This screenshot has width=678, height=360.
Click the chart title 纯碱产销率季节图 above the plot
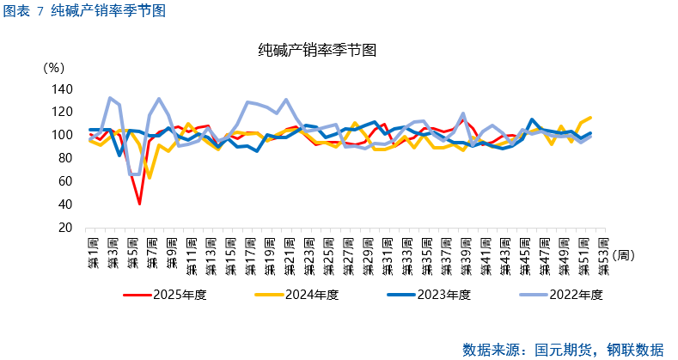[x=318, y=50]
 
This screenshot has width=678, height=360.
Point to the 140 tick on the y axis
[x=62, y=88]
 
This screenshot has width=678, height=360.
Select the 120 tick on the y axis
[x=62, y=112]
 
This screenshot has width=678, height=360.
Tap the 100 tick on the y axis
[x=62, y=135]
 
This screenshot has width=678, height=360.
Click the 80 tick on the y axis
[x=65, y=158]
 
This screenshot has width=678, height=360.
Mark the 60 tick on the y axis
[x=65, y=181]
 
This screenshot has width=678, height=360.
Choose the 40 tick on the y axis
[x=65, y=204]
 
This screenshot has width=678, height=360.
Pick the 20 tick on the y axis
[x=65, y=228]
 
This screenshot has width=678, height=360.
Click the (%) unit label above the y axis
[x=53, y=67]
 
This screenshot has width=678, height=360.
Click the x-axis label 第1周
[x=92, y=252]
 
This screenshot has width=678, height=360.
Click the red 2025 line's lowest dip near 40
[x=139, y=204]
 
